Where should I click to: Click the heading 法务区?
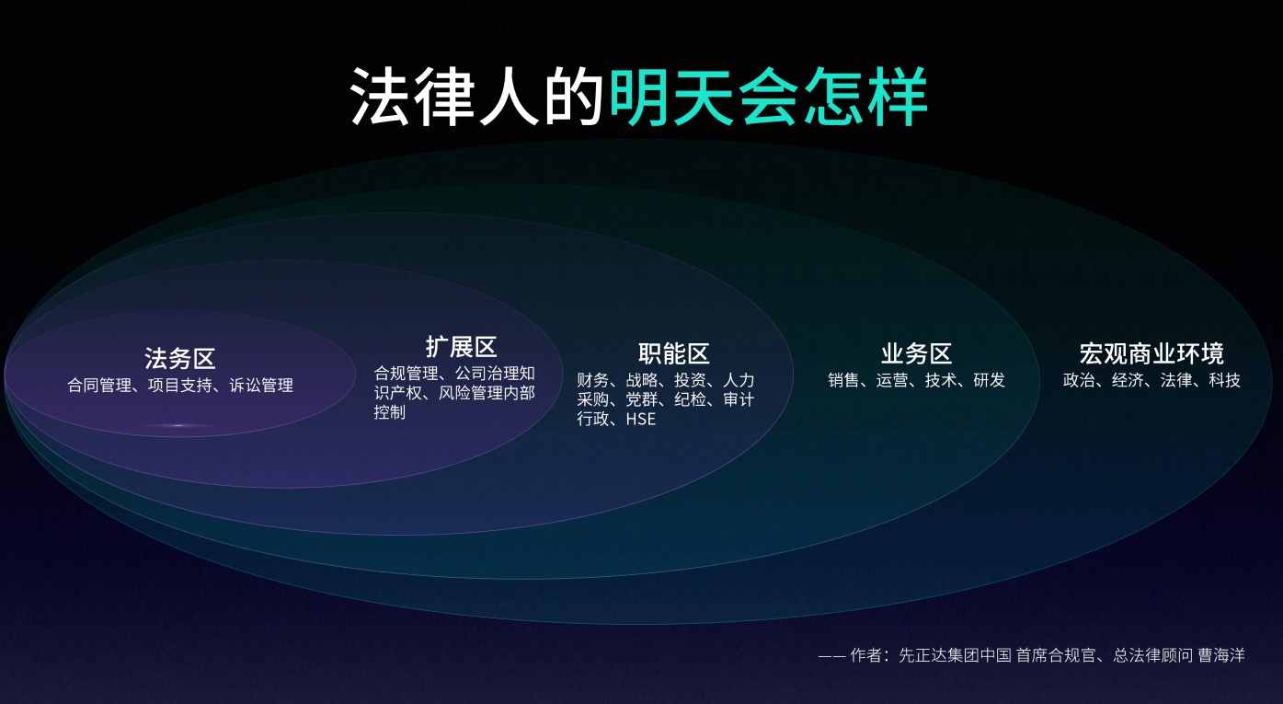point(180,358)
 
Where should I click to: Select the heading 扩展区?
point(461,346)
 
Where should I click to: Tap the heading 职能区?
point(674,353)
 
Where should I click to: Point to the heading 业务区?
point(916,353)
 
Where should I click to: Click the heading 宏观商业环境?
point(1151,353)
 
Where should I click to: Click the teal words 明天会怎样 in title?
point(768,97)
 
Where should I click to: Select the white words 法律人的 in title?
point(476,97)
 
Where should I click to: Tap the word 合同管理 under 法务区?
point(100,386)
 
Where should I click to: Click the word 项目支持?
point(180,386)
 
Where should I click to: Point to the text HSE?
point(641,420)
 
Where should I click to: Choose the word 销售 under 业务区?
point(843,380)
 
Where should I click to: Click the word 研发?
point(990,380)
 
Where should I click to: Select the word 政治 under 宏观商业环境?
point(1079,380)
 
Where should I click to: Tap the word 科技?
point(1225,380)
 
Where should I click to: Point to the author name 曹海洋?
point(1221,655)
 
